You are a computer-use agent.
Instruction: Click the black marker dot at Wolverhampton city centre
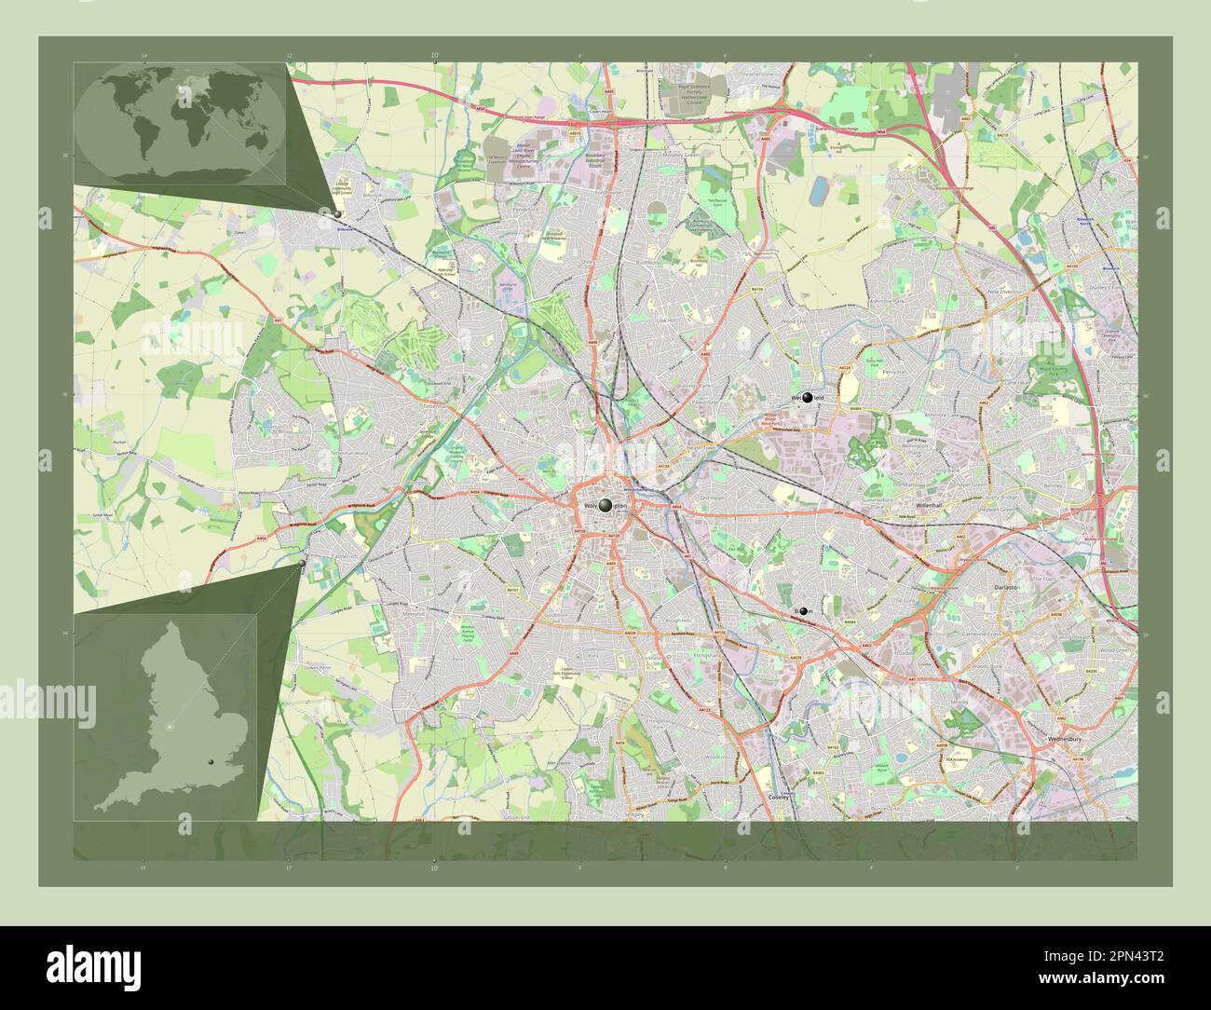point(605,505)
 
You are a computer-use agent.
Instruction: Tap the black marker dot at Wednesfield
point(807,398)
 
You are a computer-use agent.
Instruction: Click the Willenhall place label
point(930,504)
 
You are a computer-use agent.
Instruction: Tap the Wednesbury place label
point(1062,738)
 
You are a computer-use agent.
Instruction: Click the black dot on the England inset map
point(212,762)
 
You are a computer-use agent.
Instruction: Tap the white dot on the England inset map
point(170,726)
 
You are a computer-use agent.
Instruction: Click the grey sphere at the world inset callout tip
point(337,213)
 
